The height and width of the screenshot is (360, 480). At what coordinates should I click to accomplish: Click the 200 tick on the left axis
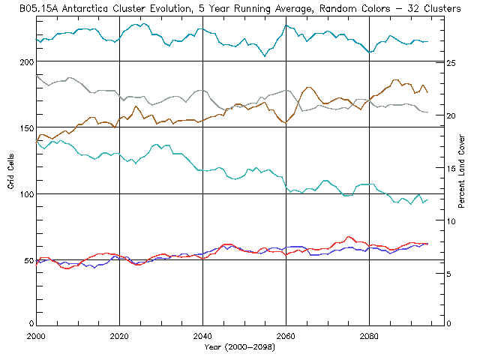[25, 61]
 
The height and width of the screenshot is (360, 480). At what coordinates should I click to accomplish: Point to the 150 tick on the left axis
[25, 127]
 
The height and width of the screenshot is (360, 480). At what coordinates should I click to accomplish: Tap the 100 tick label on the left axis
[25, 194]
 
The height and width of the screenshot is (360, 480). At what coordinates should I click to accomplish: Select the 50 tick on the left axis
[28, 260]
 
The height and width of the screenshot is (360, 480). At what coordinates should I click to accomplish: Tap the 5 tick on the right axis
[448, 274]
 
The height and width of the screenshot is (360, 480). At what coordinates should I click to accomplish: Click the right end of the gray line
[427, 112]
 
